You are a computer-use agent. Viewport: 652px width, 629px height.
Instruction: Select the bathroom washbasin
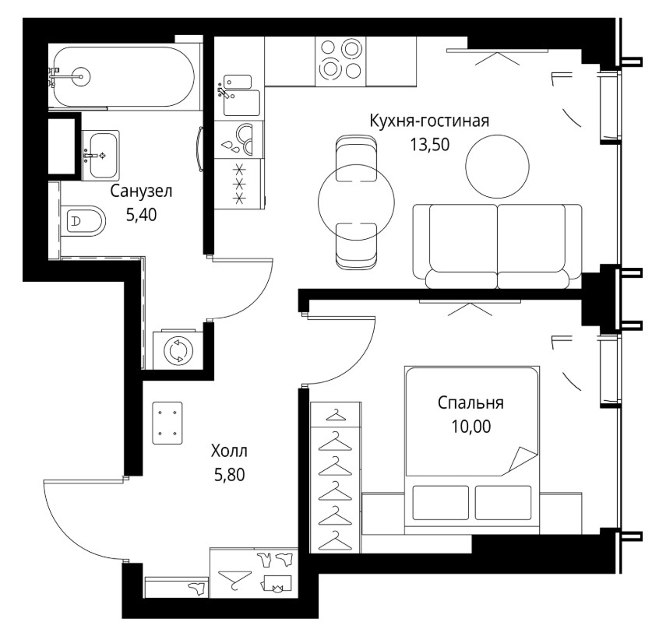click(x=100, y=156)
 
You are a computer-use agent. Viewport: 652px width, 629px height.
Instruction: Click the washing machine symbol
click(x=179, y=350)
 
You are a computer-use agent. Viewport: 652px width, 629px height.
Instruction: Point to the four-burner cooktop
click(x=340, y=61)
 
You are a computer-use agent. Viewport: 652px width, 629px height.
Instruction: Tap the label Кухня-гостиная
click(x=429, y=121)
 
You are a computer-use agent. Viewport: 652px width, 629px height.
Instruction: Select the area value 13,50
click(x=430, y=145)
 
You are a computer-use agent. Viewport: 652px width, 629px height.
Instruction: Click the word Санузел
click(x=141, y=191)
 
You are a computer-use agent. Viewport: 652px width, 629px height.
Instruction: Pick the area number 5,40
click(x=141, y=215)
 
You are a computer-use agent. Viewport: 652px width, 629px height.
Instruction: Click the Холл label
click(x=229, y=451)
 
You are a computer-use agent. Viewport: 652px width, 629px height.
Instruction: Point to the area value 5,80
click(x=230, y=474)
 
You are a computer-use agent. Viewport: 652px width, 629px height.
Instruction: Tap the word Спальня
click(x=470, y=402)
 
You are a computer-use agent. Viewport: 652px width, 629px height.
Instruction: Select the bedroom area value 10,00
click(x=471, y=427)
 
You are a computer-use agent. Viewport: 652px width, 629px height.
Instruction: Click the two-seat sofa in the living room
click(x=498, y=246)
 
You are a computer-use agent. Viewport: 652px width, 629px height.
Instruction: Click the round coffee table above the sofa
click(x=497, y=166)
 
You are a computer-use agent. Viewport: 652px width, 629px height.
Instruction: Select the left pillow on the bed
click(x=441, y=502)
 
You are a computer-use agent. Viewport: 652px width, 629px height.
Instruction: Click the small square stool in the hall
click(x=167, y=423)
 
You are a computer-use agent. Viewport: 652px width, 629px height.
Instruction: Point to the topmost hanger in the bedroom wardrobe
click(x=336, y=415)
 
